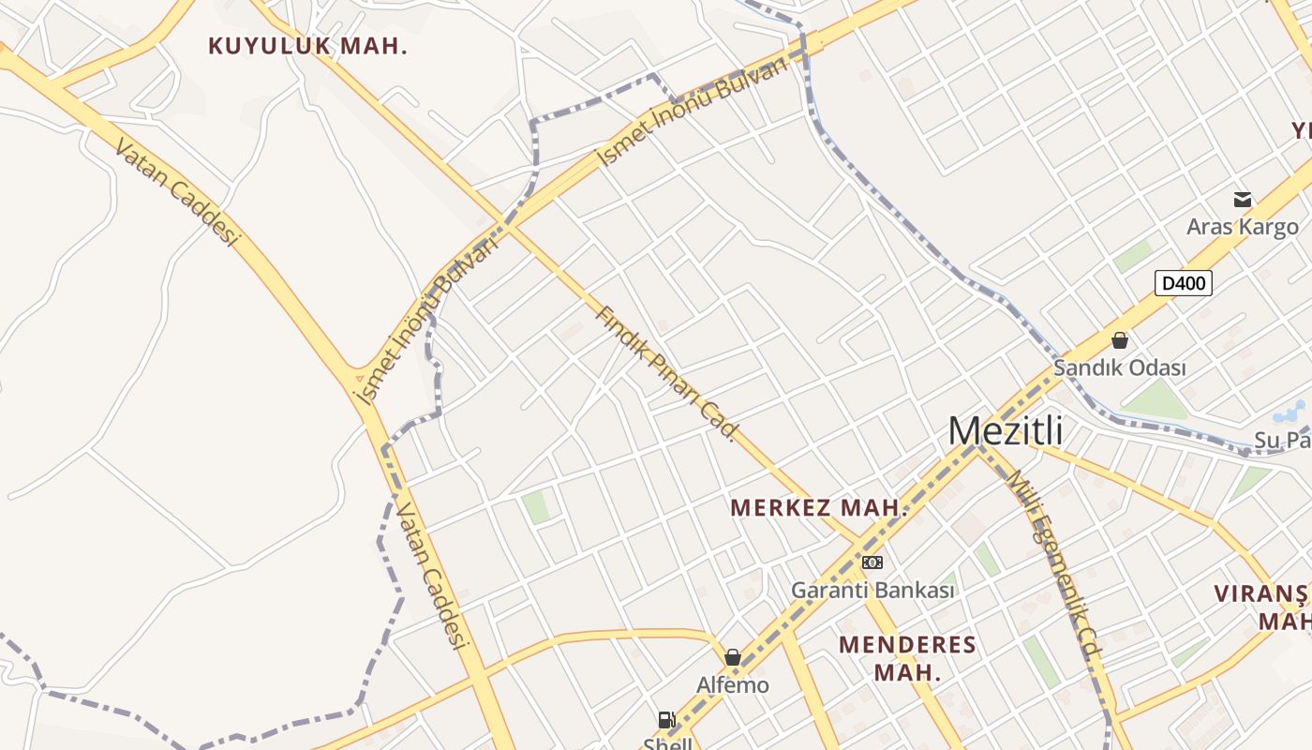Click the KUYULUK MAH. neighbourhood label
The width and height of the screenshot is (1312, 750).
307,46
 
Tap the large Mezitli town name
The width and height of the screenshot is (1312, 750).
1006,431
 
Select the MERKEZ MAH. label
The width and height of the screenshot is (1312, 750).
819,508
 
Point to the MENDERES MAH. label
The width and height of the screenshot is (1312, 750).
907,658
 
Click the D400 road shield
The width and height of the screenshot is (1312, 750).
1183,283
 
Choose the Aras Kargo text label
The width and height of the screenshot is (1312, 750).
1243,227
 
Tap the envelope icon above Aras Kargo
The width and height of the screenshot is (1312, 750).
1243,199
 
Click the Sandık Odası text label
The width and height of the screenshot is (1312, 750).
1119,368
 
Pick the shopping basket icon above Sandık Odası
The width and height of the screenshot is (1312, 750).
1119,340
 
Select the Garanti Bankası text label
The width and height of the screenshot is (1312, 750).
872,591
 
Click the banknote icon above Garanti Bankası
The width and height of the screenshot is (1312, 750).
872,562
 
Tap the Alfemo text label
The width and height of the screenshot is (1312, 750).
733,685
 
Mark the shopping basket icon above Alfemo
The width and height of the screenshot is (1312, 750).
733,657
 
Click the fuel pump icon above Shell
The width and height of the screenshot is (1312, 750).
667,720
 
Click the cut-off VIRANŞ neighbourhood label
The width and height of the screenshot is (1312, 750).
1261,593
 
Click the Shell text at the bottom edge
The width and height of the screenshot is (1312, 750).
667,744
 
